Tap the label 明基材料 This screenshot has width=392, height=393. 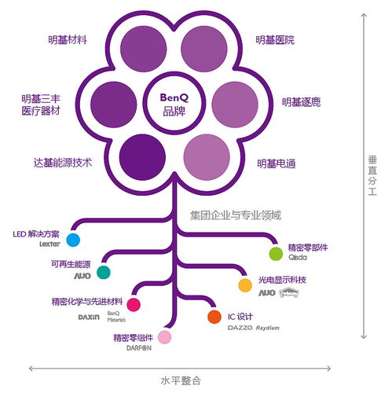[x=66, y=39]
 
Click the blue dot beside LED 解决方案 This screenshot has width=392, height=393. [x=73, y=240]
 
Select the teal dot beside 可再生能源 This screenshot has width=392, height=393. [x=103, y=272]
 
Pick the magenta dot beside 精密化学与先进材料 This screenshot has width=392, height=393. [x=134, y=304]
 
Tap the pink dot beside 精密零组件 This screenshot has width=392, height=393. [x=164, y=337]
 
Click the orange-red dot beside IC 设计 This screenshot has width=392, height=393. [x=214, y=317]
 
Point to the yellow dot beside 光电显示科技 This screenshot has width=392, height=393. [x=245, y=285]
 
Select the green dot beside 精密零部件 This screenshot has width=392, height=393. [x=276, y=253]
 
